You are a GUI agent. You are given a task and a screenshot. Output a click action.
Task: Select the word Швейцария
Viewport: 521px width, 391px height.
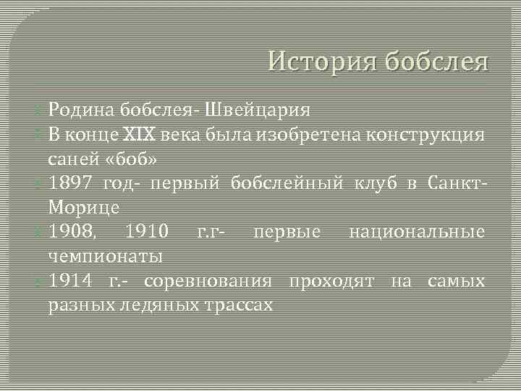[258, 110]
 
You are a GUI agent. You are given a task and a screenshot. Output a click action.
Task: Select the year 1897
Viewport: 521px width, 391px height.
[72, 182]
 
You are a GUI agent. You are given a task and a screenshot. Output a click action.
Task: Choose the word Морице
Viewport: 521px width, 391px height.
[83, 207]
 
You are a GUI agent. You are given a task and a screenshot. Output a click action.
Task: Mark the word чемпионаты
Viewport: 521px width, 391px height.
[105, 256]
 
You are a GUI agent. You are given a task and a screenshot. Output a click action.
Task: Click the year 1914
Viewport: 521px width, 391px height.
[72, 281]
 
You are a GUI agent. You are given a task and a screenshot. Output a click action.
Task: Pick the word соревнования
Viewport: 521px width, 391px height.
[208, 281]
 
